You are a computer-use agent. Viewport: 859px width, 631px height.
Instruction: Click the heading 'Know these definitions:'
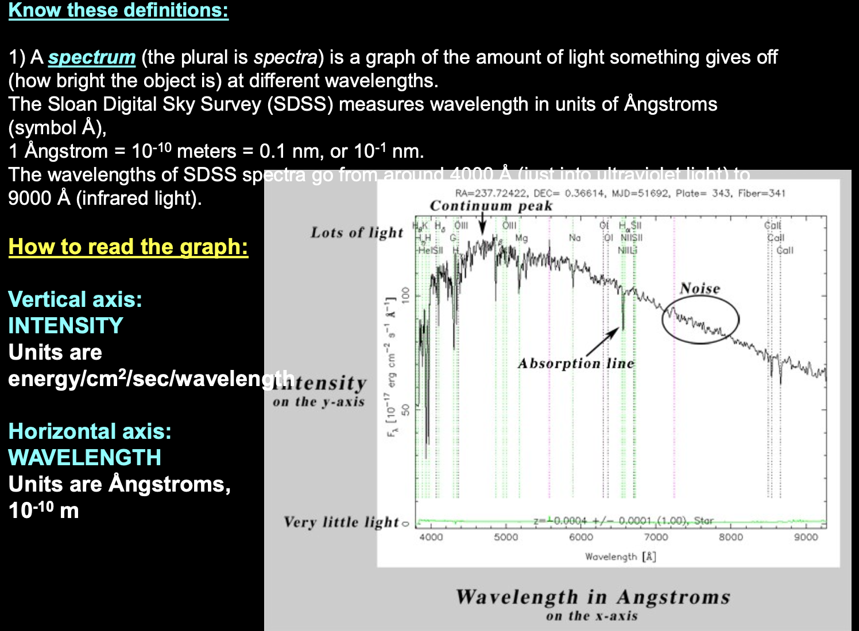(118, 10)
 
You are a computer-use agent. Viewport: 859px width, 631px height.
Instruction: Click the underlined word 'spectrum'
(91, 57)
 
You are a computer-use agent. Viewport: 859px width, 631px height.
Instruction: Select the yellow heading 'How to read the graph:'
(128, 247)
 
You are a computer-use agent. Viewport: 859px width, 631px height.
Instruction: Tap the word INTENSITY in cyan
(65, 326)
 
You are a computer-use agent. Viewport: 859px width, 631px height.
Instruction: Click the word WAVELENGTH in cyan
(84, 458)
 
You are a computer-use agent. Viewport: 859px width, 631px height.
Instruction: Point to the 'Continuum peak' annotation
(491, 206)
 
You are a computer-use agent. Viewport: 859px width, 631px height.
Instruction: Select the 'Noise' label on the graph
(699, 289)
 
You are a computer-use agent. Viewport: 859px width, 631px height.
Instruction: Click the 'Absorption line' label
(575, 364)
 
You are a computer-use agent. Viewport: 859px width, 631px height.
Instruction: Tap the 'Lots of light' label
(357, 232)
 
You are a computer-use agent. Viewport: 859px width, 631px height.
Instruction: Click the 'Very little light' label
(341, 522)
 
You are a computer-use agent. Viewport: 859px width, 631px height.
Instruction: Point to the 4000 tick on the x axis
(431, 537)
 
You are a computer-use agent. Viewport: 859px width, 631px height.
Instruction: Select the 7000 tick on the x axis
(656, 537)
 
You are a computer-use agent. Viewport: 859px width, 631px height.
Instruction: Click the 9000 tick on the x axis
(806, 537)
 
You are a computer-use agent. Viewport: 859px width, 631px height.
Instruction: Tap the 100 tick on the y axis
(405, 295)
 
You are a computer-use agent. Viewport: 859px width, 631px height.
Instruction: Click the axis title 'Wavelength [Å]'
(620, 556)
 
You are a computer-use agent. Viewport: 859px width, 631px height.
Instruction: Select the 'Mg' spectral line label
(521, 238)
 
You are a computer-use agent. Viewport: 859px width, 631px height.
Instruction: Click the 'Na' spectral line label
(574, 238)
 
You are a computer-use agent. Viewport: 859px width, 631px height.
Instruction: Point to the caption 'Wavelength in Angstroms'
(593, 597)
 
